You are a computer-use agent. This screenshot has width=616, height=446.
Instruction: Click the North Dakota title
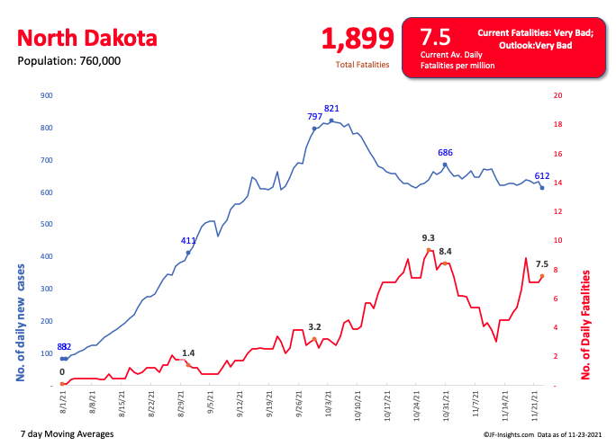tap(87, 39)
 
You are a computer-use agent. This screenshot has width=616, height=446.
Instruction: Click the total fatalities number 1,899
tap(358, 39)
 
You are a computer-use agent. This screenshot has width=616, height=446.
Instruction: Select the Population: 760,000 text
tap(69, 61)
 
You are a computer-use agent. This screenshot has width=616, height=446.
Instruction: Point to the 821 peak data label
tap(331, 109)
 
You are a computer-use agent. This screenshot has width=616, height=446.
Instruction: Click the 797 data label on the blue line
tap(314, 118)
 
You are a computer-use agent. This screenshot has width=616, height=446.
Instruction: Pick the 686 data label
tap(445, 153)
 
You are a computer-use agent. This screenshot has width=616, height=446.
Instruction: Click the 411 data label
tap(188, 241)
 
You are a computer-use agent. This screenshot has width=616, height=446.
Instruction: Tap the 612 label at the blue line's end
tap(542, 176)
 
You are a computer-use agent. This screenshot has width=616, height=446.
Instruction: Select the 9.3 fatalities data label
tap(429, 238)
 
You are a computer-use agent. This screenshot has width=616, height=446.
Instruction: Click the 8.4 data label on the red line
tap(446, 252)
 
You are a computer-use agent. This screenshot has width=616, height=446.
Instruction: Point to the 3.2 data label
tap(314, 326)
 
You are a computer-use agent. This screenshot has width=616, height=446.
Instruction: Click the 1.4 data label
tap(188, 353)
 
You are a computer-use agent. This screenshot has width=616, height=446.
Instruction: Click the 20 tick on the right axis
tap(557, 95)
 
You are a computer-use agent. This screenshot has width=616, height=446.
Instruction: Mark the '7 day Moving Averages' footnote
tap(67, 434)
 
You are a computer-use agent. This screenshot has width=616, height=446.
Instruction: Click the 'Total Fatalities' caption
tap(362, 65)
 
